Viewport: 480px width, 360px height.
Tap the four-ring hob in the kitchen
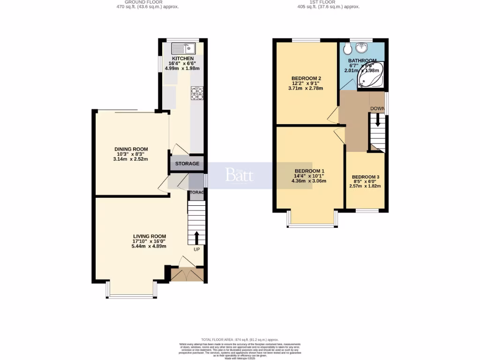tap(196, 93)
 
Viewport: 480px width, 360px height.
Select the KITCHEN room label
tap(182, 59)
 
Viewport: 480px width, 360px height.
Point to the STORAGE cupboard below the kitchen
tap(187, 164)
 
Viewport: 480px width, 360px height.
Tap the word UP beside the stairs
tap(197, 249)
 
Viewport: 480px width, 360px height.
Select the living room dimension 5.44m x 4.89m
tap(149, 246)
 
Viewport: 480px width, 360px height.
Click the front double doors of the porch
tap(187, 275)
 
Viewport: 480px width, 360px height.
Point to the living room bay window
tap(131, 296)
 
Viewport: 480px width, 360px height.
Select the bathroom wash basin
tap(361, 47)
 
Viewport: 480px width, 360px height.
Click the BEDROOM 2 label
tap(306, 78)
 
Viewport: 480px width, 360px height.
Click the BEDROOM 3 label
tap(366, 177)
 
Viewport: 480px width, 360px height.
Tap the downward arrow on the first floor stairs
tap(378, 123)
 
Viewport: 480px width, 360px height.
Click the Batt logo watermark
tap(239, 175)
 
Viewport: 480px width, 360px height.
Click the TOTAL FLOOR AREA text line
tap(240, 339)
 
